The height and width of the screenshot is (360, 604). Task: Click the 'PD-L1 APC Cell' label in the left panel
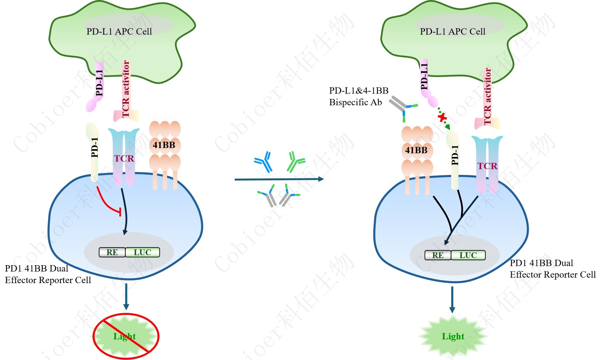(x=119, y=31)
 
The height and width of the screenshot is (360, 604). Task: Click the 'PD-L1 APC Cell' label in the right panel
(x=453, y=31)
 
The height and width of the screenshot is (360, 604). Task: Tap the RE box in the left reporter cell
(x=112, y=252)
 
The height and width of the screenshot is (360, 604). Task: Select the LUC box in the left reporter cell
(x=143, y=252)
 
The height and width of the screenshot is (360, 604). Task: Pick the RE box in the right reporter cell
(x=438, y=255)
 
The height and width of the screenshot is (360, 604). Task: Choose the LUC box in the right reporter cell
(x=468, y=255)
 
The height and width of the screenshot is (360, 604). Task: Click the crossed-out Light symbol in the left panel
(x=126, y=336)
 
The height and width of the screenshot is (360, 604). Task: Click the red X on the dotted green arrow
(x=442, y=117)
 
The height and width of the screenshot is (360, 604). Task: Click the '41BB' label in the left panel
(x=164, y=145)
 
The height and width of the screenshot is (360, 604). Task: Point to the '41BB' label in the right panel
(x=416, y=150)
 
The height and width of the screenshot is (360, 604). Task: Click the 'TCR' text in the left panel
(x=124, y=158)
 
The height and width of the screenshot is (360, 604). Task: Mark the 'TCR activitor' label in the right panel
(x=487, y=96)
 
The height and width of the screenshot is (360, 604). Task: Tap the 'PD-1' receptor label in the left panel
(x=95, y=147)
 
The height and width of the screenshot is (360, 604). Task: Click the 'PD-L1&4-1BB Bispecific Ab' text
(x=358, y=96)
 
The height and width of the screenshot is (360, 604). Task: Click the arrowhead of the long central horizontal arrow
(x=321, y=179)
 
